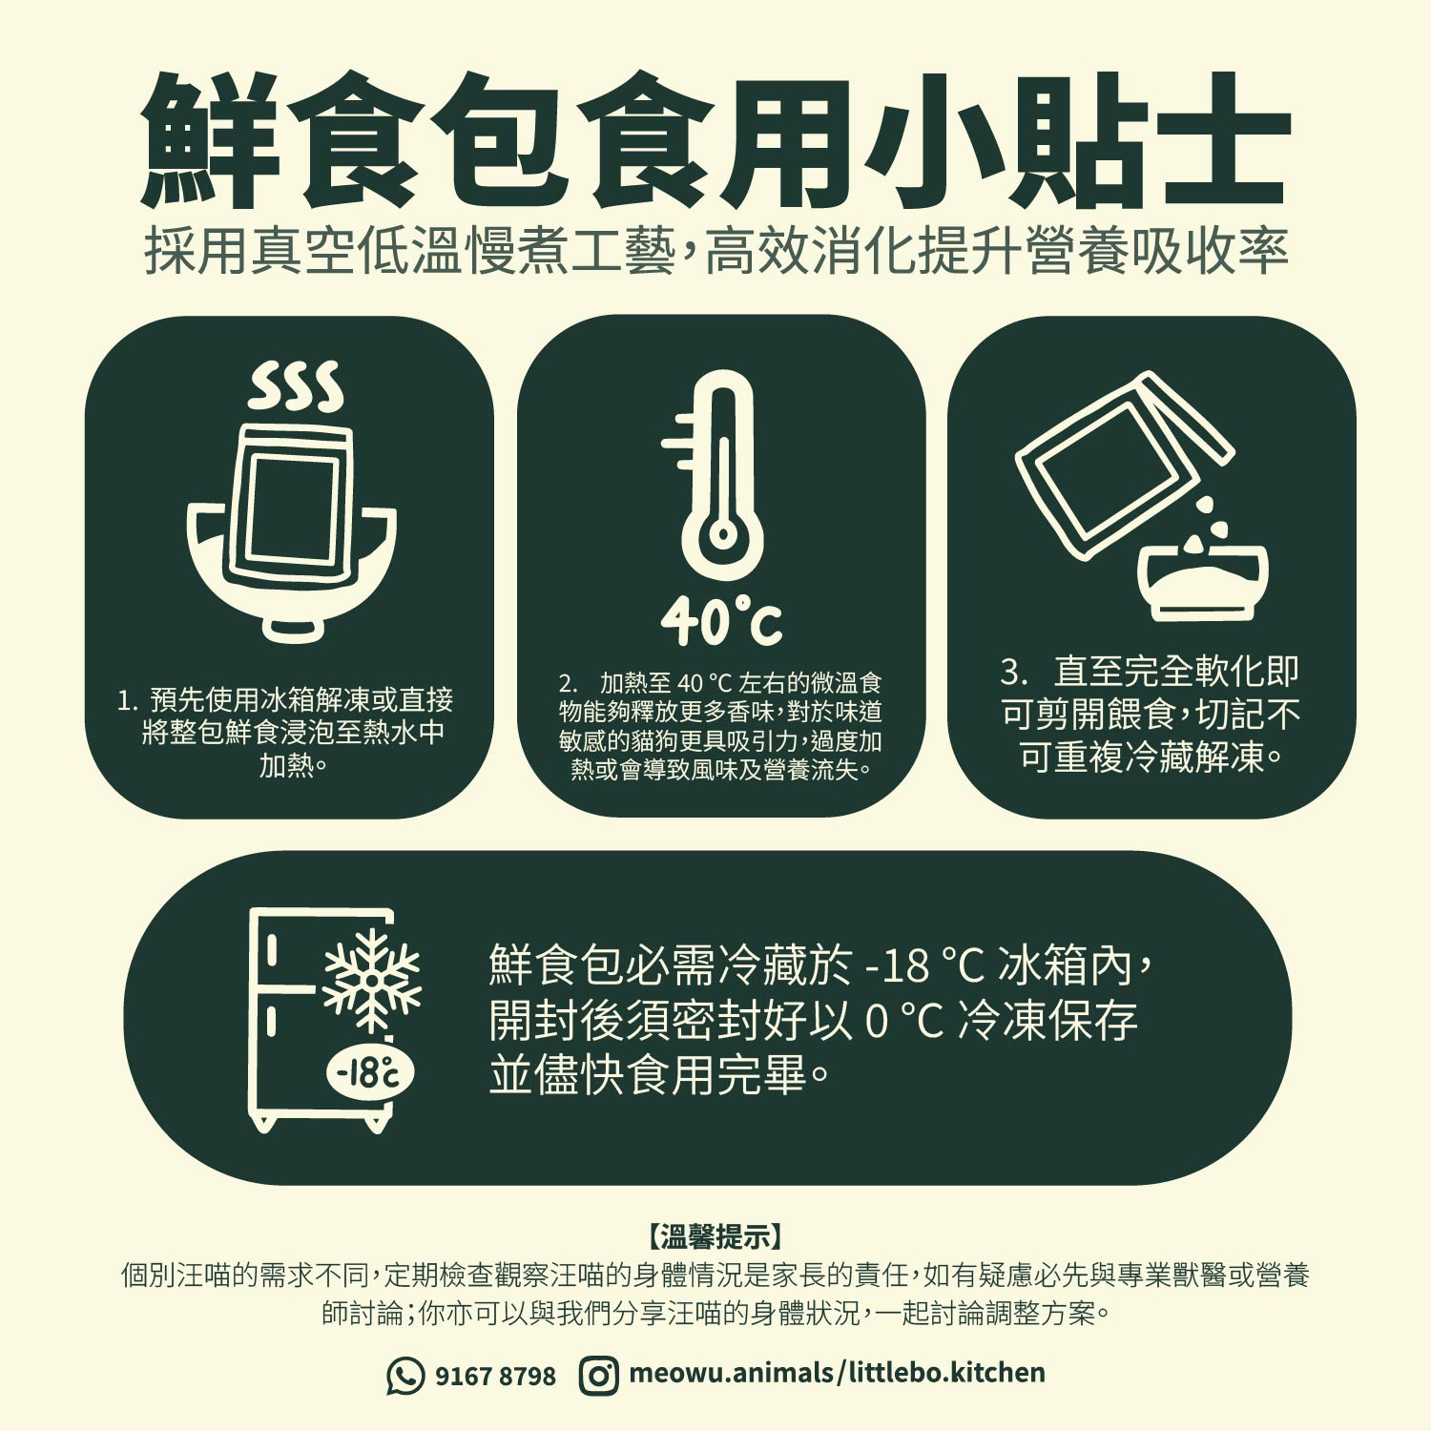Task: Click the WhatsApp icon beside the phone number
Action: click(x=405, y=1375)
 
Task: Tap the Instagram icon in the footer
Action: click(x=598, y=1375)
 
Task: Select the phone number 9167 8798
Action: click(x=495, y=1376)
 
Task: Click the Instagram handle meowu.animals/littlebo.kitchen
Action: click(x=837, y=1373)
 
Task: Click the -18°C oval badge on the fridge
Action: click(x=371, y=1073)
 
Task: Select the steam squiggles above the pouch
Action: click(x=295, y=386)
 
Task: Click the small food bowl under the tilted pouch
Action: click(x=1203, y=580)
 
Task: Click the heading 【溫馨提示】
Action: click(x=715, y=1237)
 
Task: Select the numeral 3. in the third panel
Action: click(x=1014, y=672)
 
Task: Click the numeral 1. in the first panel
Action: click(x=128, y=701)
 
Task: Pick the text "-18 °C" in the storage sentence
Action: click(x=923, y=965)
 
